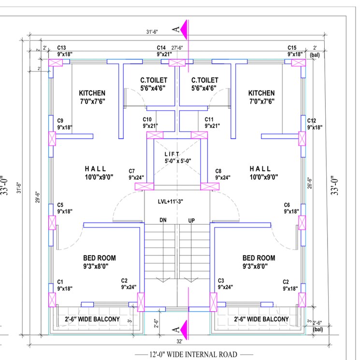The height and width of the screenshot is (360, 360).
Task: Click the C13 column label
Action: pos(61,48)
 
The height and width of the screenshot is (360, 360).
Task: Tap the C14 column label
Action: pos(161,48)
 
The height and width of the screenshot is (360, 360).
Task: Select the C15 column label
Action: pos(292,48)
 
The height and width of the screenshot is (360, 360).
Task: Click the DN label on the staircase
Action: pos(163,220)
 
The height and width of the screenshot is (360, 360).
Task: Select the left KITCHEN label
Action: pos(92,93)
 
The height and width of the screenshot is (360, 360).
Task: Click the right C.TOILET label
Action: pos(204,80)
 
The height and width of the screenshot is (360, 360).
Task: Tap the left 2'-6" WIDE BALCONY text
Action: pos(92,319)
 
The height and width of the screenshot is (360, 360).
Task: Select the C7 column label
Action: pos(132,171)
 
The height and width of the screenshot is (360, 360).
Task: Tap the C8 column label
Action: pos(218,171)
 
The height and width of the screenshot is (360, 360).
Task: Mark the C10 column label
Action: pos(147,119)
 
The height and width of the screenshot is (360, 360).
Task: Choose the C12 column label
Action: pos(311,120)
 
